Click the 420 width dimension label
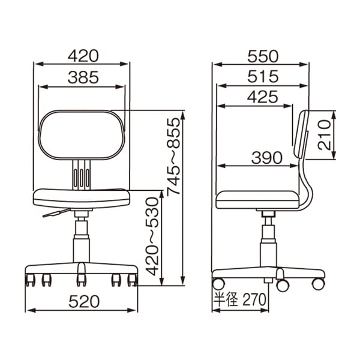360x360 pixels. click(x=83, y=56)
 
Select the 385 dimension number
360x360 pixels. click(x=83, y=77)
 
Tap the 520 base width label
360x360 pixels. click(x=83, y=301)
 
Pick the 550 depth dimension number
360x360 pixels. click(x=263, y=56)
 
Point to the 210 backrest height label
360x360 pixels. click(x=325, y=135)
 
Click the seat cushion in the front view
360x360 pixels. click(x=81, y=197)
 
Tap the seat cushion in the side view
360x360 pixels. click(x=258, y=199)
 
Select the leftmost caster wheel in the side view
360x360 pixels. click(x=218, y=283)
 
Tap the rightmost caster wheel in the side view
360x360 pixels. click(x=318, y=283)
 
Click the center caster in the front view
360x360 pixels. click(x=81, y=279)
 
